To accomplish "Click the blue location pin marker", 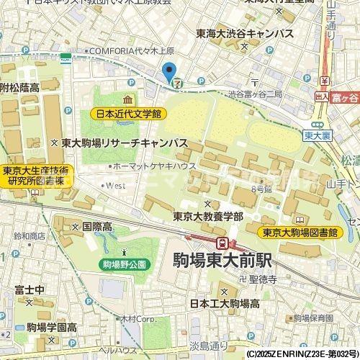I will tap(169, 72).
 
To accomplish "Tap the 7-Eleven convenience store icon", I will tap(177, 83).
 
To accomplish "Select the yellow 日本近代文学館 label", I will tap(129, 114).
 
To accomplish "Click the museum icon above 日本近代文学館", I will tap(127, 99).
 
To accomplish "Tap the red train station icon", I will tap(224, 242).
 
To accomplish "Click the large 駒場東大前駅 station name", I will tap(229, 261).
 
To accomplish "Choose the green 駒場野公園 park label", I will tap(123, 264).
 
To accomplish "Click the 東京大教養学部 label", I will tap(207, 216).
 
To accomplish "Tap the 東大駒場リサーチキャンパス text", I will tap(124, 143).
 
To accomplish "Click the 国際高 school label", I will tap(96, 226).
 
